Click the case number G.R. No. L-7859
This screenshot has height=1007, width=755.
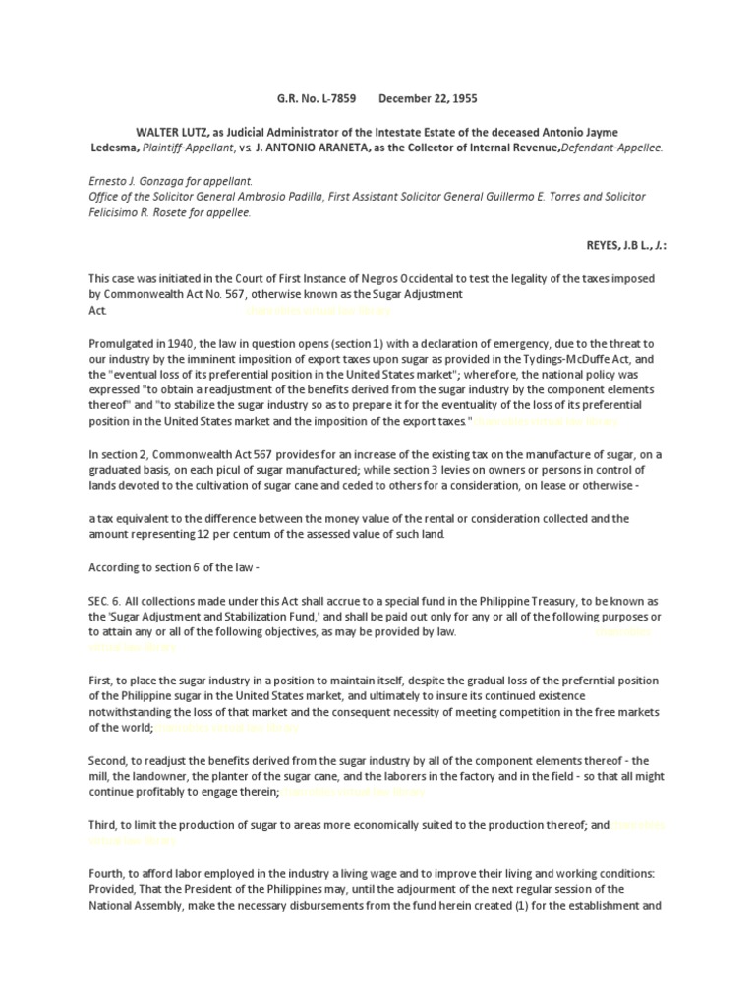tap(313, 99)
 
